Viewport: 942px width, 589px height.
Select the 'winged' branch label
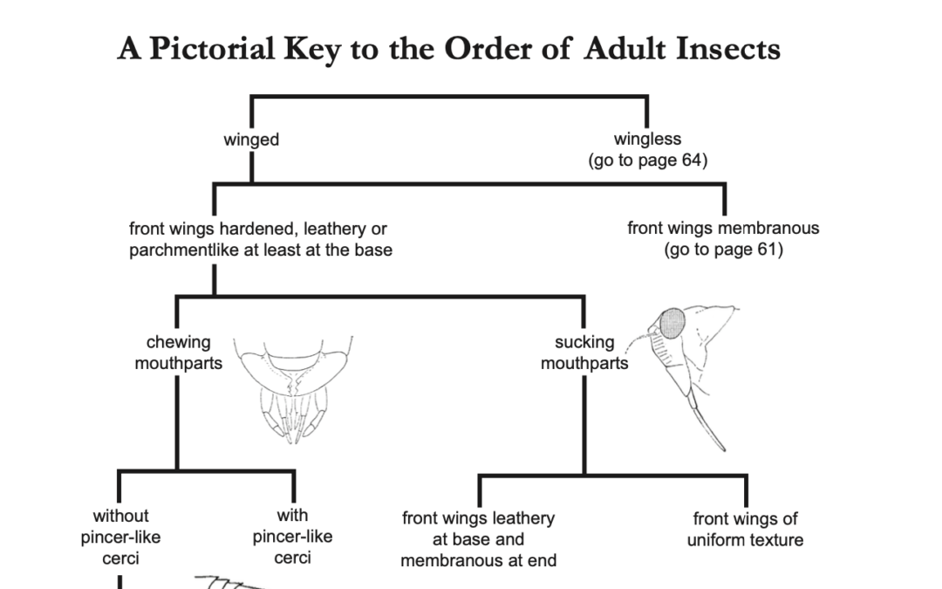point(251,140)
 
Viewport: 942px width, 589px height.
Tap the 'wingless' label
point(647,139)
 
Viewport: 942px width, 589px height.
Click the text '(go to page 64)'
point(647,161)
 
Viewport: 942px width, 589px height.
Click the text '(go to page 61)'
point(723,250)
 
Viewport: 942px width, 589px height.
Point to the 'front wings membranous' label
point(723,229)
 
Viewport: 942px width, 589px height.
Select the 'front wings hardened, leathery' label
point(258,229)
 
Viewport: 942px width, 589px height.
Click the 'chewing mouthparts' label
point(178,353)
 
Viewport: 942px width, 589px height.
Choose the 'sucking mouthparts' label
point(584,353)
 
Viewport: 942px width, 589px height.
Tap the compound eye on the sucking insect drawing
point(672,324)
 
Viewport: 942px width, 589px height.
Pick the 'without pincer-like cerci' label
point(120,537)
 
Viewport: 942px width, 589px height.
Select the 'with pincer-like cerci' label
point(292,537)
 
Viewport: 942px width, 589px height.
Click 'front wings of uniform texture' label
point(745,530)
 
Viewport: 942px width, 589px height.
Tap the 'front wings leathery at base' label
point(478,539)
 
